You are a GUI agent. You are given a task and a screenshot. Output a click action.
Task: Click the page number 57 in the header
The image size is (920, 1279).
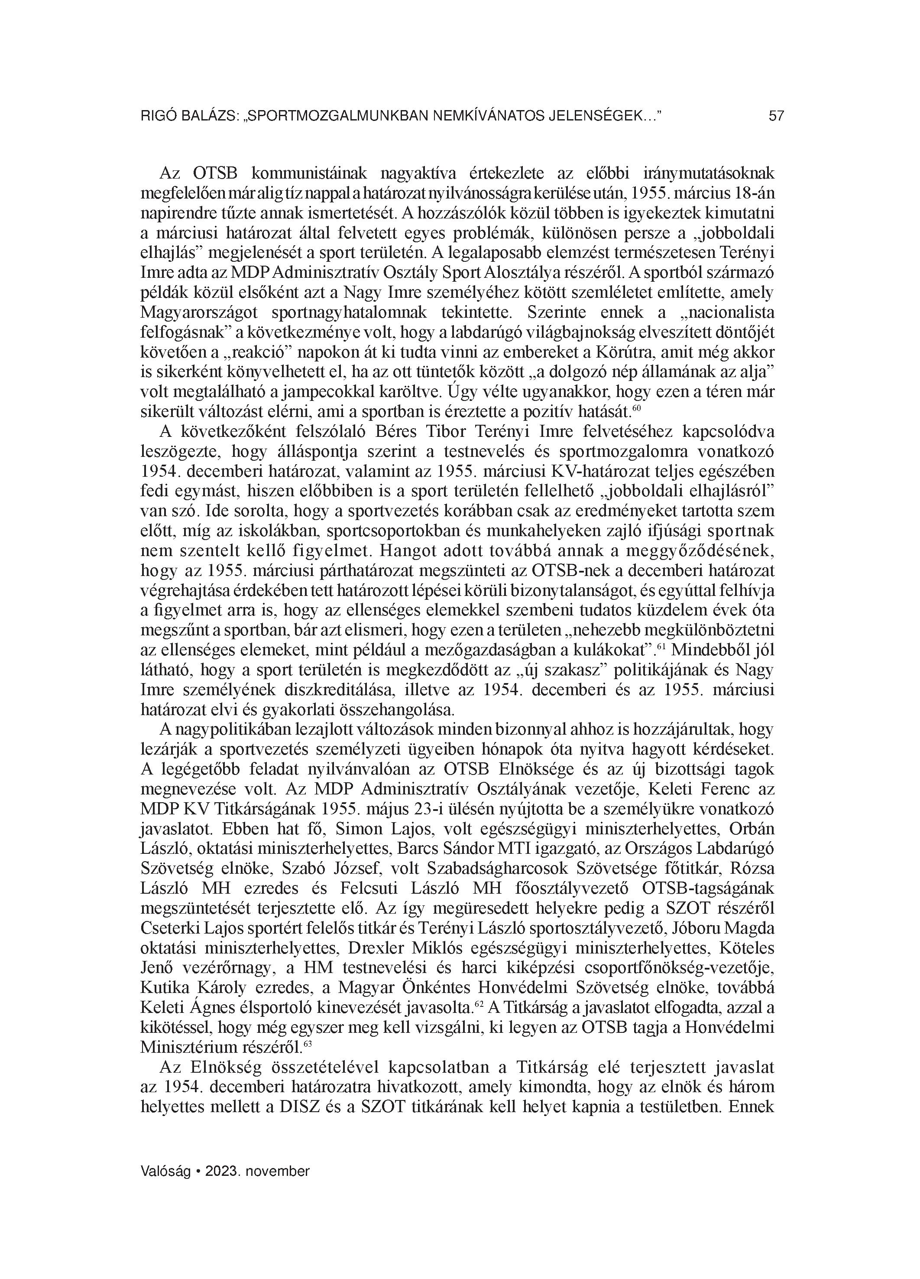pyautogui.click(x=776, y=117)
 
